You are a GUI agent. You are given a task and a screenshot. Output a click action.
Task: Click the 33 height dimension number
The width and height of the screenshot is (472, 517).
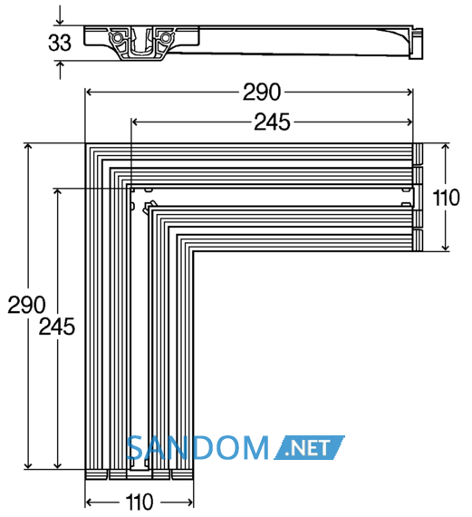(x=60, y=43)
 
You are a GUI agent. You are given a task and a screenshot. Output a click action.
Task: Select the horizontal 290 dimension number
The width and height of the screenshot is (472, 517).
(x=262, y=92)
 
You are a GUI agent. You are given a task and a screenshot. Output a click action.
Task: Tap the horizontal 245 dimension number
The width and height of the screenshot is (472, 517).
(x=272, y=122)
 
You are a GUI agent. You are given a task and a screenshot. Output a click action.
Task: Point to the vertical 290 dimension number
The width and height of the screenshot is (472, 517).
(x=26, y=305)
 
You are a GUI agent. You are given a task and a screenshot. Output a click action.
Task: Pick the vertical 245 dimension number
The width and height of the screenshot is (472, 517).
(x=57, y=327)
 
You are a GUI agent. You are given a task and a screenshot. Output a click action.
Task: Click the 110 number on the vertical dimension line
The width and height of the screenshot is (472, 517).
(x=446, y=198)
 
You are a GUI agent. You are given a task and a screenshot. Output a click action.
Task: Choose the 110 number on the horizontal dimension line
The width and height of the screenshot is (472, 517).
(x=140, y=502)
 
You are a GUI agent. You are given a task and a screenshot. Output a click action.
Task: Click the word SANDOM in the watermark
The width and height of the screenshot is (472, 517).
(x=197, y=447)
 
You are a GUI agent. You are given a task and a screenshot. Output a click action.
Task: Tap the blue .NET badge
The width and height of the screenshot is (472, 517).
(x=309, y=447)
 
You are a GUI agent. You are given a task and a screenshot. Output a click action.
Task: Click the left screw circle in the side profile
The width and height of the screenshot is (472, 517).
(x=116, y=38)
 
